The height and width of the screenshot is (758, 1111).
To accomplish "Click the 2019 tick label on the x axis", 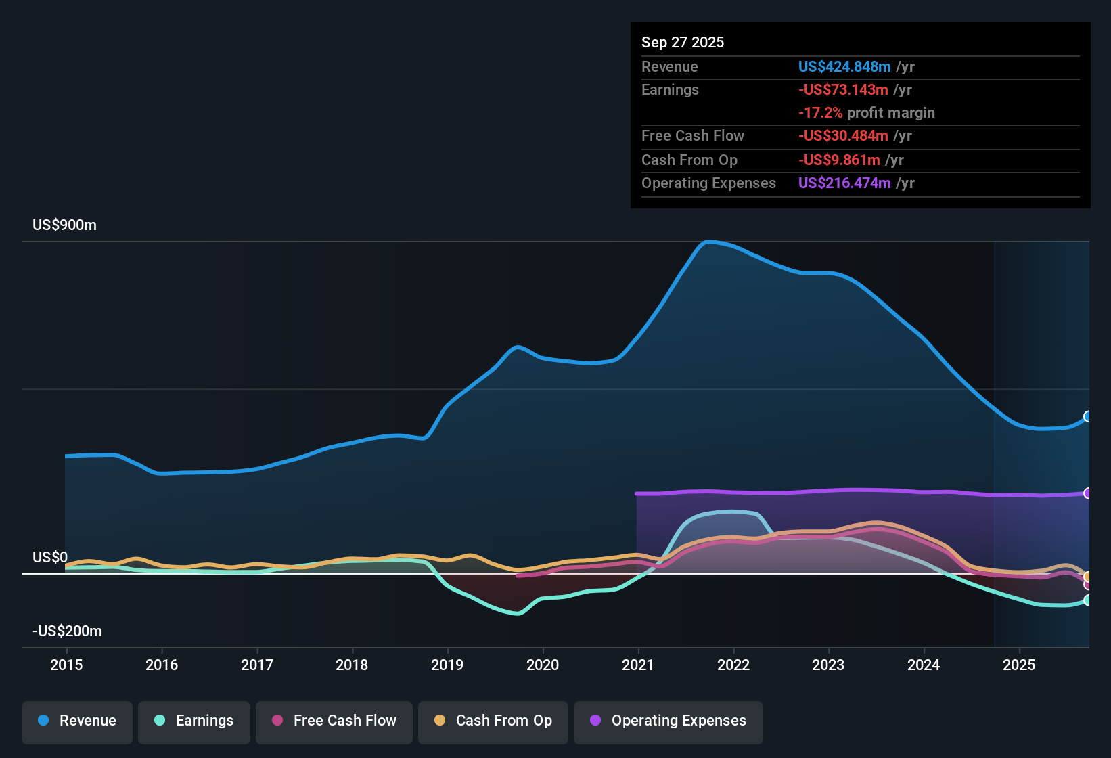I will coord(447,665).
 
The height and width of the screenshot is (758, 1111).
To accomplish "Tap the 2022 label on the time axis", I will coord(733,665).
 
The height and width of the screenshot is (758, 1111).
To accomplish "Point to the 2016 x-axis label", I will coord(162,665).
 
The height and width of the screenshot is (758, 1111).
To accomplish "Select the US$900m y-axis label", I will coord(64,225).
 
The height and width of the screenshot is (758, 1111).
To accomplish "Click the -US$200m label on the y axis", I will coord(67,631).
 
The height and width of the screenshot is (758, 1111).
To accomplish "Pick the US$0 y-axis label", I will coord(50,557).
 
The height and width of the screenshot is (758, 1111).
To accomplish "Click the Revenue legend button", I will coord(77,721).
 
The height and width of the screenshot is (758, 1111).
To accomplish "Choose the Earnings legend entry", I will coord(194,721).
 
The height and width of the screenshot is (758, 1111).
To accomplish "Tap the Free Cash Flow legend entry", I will coord(334,721).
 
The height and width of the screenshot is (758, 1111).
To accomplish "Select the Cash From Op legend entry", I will coord(493,721).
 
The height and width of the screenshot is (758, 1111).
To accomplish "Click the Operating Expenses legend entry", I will coord(668,721).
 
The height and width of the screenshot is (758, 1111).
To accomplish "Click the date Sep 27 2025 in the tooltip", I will coord(682,42).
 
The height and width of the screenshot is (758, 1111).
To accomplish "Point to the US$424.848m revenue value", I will coord(844,66).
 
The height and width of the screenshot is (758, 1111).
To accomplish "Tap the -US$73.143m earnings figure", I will coord(842,89).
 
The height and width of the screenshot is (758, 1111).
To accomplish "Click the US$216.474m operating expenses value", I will coord(844,183).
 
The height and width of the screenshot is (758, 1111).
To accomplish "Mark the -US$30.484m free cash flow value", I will coord(842,135).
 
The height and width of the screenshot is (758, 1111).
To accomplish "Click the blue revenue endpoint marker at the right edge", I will coord(1087,416).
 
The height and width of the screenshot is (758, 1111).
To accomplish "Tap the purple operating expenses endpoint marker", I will coord(1087,493).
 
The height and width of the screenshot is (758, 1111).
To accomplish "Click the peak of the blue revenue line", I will coord(708,241).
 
